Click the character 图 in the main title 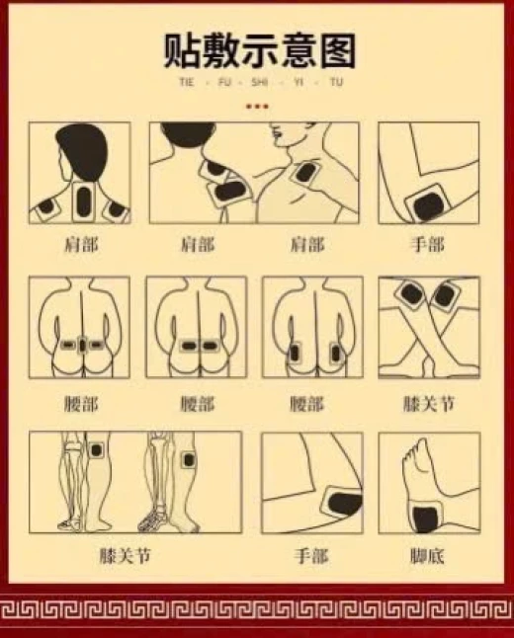click(337, 50)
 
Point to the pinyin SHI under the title click(259, 82)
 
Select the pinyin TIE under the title click(187, 82)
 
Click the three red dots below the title click(257, 107)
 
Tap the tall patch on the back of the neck click(83, 201)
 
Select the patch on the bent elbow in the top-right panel click(427, 204)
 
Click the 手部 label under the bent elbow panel click(427, 245)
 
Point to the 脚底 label click(427, 556)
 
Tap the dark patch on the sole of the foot click(426, 517)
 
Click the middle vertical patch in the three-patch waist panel click(83, 345)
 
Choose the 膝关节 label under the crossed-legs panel click(428, 404)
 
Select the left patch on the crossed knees click(410, 293)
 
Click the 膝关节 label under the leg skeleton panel click(126, 556)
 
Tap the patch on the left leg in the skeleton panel click(96, 450)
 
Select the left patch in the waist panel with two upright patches click(294, 353)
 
